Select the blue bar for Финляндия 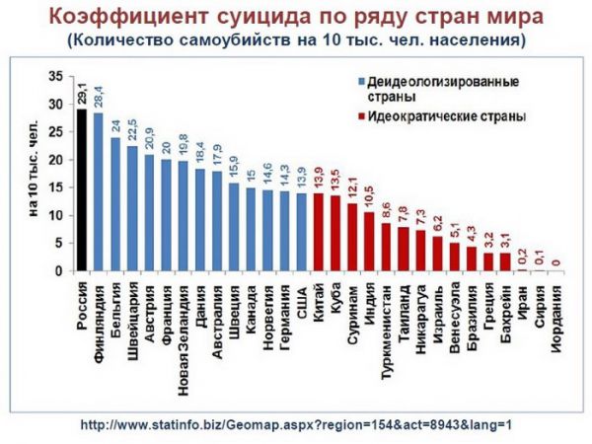pos(99,192)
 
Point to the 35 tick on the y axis pos(55,76)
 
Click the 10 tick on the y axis pos(55,215)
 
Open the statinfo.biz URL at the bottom pos(296,424)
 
